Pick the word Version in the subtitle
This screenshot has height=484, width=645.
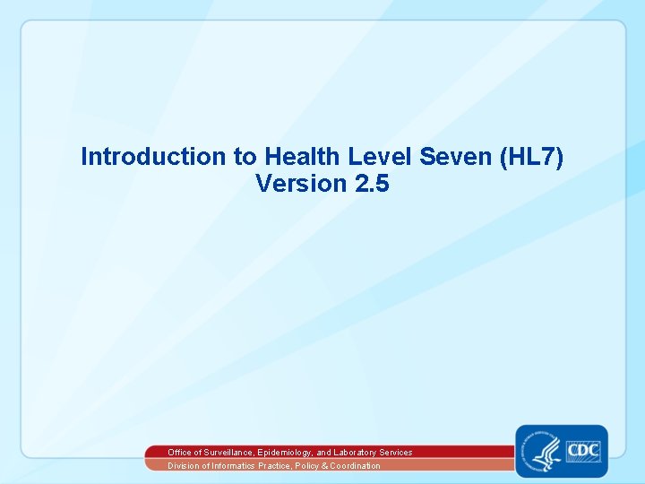pyautogui.click(x=300, y=184)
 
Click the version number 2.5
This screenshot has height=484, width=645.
pyautogui.click(x=371, y=184)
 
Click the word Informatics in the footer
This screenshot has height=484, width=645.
pyautogui.click(x=228, y=466)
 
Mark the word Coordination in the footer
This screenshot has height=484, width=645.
pyautogui.click(x=354, y=466)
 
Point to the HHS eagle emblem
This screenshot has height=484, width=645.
pyautogui.click(x=544, y=451)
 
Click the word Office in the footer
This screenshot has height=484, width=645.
pyautogui.click(x=179, y=453)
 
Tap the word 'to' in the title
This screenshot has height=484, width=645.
pyautogui.click(x=244, y=157)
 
